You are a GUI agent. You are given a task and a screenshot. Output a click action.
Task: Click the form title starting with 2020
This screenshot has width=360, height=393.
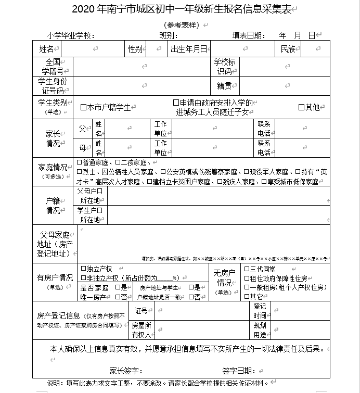point(179,9)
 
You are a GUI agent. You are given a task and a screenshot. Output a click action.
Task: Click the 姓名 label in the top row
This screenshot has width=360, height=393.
point(46,49)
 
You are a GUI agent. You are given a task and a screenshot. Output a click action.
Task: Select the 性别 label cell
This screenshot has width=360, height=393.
point(135,49)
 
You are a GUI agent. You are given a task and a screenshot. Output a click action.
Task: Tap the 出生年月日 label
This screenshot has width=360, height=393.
point(189,49)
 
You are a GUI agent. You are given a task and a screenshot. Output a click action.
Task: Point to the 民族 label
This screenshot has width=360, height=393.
point(288,49)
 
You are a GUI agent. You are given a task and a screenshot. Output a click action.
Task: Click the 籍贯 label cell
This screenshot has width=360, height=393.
point(224,85)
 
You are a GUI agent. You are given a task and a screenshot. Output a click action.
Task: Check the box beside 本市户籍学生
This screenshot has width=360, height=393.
point(83,108)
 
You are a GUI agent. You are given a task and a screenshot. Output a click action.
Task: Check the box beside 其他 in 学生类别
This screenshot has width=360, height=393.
point(301,107)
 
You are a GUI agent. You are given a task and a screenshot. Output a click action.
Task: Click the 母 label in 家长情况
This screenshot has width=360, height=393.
point(82,148)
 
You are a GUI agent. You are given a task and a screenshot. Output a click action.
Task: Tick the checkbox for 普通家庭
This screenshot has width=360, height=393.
point(79,163)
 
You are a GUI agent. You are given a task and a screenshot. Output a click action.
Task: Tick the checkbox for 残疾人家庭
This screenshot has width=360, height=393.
point(220,182)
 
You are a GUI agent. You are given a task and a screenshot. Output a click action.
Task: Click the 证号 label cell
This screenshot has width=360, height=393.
point(141,311)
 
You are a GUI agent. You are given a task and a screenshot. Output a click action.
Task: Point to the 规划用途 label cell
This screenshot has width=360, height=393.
point(260,330)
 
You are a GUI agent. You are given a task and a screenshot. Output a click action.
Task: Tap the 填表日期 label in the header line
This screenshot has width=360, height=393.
point(249,35)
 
